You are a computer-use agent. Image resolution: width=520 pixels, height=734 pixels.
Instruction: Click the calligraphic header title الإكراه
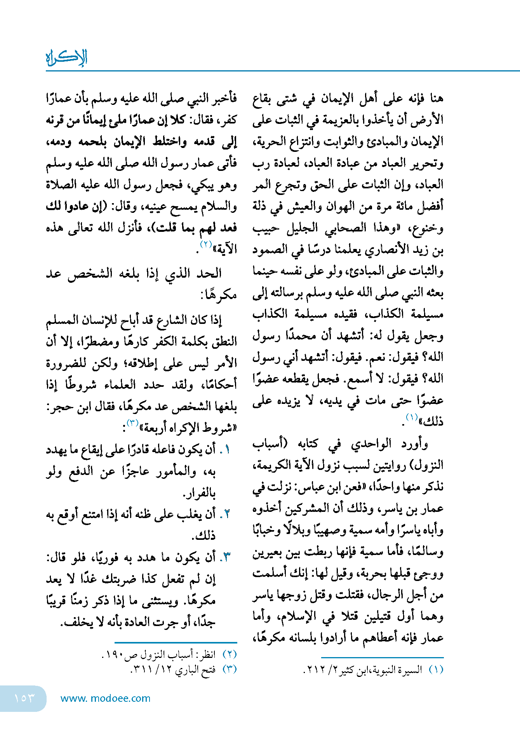click(66, 57)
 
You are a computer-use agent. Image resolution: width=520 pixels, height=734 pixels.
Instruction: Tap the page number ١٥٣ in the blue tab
click(24, 698)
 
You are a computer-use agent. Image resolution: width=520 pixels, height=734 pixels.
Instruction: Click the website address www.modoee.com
click(105, 698)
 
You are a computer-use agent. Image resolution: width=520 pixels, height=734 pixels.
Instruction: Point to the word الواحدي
click(371, 444)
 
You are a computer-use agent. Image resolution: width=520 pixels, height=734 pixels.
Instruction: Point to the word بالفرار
click(199, 493)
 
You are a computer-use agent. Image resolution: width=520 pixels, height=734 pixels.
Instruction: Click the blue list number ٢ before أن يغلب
click(227, 514)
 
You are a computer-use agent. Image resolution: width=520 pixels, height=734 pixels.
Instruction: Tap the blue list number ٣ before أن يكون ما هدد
click(226, 557)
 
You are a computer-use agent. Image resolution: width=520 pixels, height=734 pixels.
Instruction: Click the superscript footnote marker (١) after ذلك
click(411, 417)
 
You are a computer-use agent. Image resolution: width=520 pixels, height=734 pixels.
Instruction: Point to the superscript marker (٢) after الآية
click(206, 244)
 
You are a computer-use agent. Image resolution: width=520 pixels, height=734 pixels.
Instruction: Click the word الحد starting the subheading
click(209, 273)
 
